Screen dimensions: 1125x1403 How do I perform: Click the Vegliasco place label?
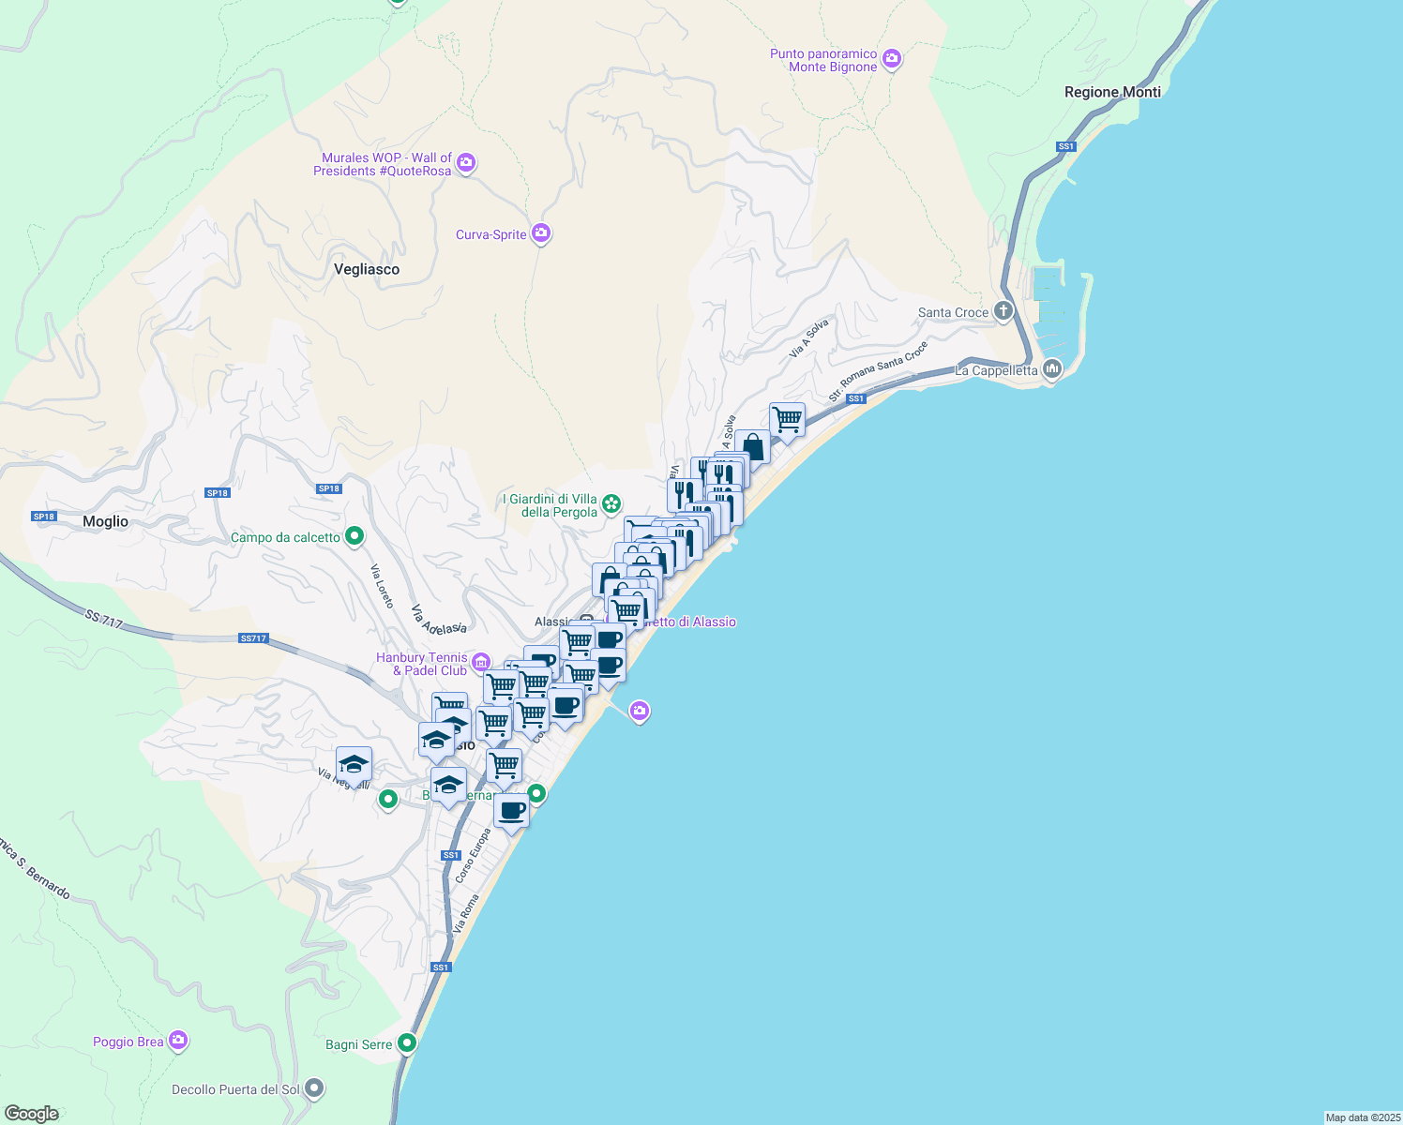pyautogui.click(x=367, y=269)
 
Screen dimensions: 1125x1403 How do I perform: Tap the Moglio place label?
pyautogui.click(x=105, y=521)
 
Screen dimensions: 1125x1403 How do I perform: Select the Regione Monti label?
pyautogui.click(x=1112, y=92)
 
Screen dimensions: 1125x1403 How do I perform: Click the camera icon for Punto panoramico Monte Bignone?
pyautogui.click(x=892, y=60)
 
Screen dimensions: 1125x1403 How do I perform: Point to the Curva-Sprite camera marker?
pyautogui.click(x=541, y=233)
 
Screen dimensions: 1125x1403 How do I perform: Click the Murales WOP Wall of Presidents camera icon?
pyautogui.click(x=466, y=164)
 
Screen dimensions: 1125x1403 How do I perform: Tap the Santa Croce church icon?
pyautogui.click(x=1003, y=311)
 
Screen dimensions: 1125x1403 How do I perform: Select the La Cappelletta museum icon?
pyautogui.click(x=1052, y=369)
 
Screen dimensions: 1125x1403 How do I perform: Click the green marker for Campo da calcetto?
pyautogui.click(x=355, y=536)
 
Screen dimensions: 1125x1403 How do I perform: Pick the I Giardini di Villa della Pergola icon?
pyautogui.click(x=611, y=505)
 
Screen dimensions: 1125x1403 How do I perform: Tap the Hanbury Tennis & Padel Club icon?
pyautogui.click(x=481, y=663)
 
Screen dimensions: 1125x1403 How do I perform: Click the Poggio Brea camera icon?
pyautogui.click(x=178, y=1041)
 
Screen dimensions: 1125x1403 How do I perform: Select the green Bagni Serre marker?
pyautogui.click(x=406, y=1042)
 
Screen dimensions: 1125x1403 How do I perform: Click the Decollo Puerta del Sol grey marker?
pyautogui.click(x=315, y=1089)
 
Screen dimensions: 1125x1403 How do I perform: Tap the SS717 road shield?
pyautogui.click(x=253, y=638)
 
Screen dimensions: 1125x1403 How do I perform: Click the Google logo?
pyautogui.click(x=32, y=1114)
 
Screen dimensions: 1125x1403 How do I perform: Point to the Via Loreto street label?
pyautogui.click(x=382, y=586)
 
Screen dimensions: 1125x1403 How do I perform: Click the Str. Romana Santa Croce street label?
pyautogui.click(x=879, y=371)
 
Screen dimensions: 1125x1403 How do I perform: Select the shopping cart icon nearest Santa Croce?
pyautogui.click(x=787, y=419)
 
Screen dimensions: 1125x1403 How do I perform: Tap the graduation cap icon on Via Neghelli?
pyautogui.click(x=355, y=763)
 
